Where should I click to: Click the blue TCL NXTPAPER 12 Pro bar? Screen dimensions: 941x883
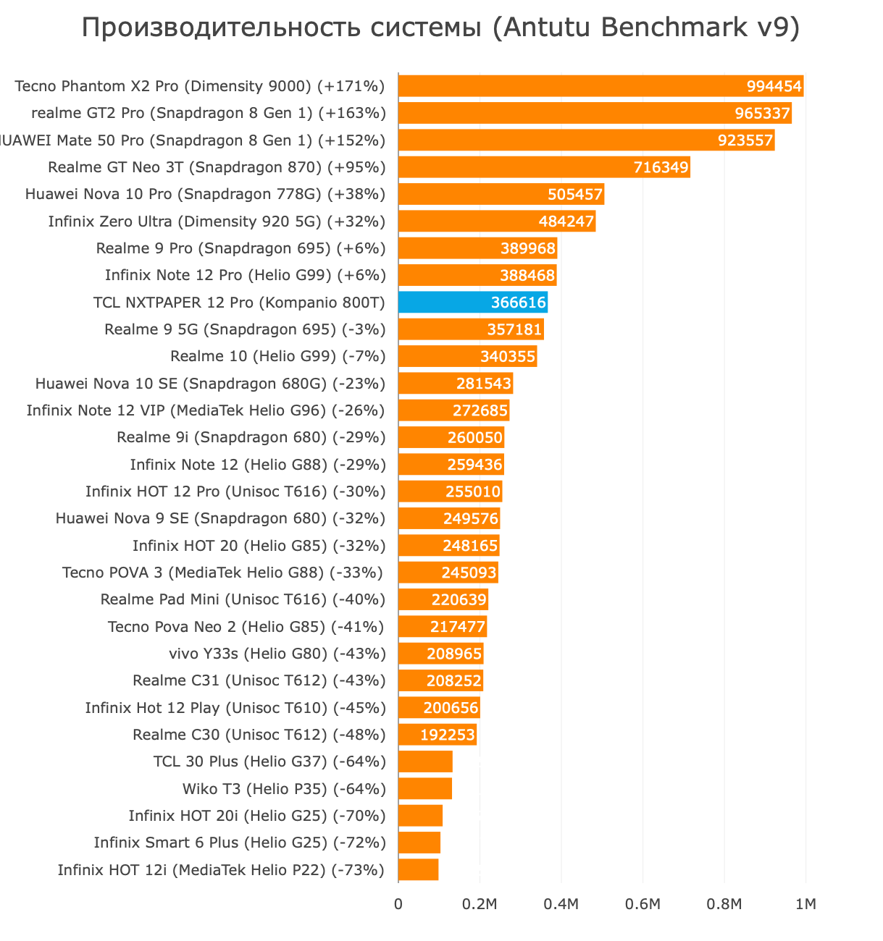click(x=472, y=303)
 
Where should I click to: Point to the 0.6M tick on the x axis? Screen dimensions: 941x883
click(x=643, y=904)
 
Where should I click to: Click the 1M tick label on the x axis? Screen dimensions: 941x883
click(x=805, y=904)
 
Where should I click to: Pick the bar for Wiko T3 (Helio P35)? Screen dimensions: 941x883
click(x=425, y=789)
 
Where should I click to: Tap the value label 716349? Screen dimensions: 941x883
click(x=661, y=168)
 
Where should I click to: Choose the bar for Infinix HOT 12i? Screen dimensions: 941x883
click(x=418, y=870)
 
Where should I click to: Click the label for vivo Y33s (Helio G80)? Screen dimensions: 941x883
click(x=277, y=654)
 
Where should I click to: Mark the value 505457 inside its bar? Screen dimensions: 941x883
click(x=575, y=195)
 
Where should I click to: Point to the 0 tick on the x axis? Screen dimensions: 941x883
click(x=398, y=904)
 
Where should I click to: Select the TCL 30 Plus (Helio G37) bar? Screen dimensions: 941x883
click(x=425, y=761)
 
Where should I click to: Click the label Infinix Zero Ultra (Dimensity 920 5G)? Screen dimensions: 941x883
click(x=217, y=221)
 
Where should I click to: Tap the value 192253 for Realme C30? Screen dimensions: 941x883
click(x=448, y=735)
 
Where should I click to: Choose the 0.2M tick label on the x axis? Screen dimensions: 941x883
click(x=480, y=904)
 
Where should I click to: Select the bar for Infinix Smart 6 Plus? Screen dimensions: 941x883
click(x=419, y=843)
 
